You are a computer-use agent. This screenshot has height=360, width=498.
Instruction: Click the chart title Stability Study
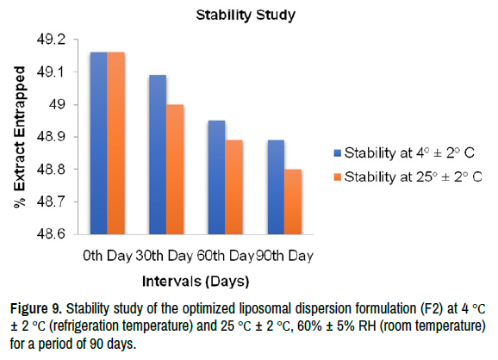tap(246, 16)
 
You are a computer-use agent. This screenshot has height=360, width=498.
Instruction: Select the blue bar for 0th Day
tap(99, 143)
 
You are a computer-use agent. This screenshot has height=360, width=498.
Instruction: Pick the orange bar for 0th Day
tap(116, 143)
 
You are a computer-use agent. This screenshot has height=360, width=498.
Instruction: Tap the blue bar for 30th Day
tap(158, 155)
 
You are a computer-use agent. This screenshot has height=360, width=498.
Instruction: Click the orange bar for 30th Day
tap(175, 170)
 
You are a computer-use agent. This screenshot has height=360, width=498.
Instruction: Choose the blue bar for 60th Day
tap(217, 177)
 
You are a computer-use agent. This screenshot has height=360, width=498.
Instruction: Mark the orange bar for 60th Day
tap(234, 187)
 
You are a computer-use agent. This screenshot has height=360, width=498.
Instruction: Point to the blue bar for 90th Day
tap(276, 187)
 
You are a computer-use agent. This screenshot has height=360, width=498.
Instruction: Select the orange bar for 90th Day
tap(293, 202)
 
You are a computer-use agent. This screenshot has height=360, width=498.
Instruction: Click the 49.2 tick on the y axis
tap(51, 40)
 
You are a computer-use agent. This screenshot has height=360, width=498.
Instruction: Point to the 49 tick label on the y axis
tap(57, 104)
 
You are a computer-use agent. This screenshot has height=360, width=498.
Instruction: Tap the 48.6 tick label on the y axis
tap(51, 234)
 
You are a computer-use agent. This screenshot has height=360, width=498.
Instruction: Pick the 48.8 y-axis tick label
tap(51, 169)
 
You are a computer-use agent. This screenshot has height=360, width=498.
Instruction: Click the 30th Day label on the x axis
tap(165, 256)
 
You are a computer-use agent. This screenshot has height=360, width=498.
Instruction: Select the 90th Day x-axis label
tap(284, 256)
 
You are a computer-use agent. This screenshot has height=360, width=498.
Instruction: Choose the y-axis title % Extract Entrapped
tap(19, 137)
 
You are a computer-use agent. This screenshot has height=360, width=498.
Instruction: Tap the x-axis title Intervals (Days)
tap(196, 282)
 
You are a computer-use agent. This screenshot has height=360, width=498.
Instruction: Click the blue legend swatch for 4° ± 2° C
tap(338, 153)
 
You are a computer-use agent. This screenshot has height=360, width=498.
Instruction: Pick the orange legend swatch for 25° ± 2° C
tap(338, 177)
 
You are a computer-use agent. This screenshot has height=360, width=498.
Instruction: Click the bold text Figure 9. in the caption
tap(36, 308)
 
